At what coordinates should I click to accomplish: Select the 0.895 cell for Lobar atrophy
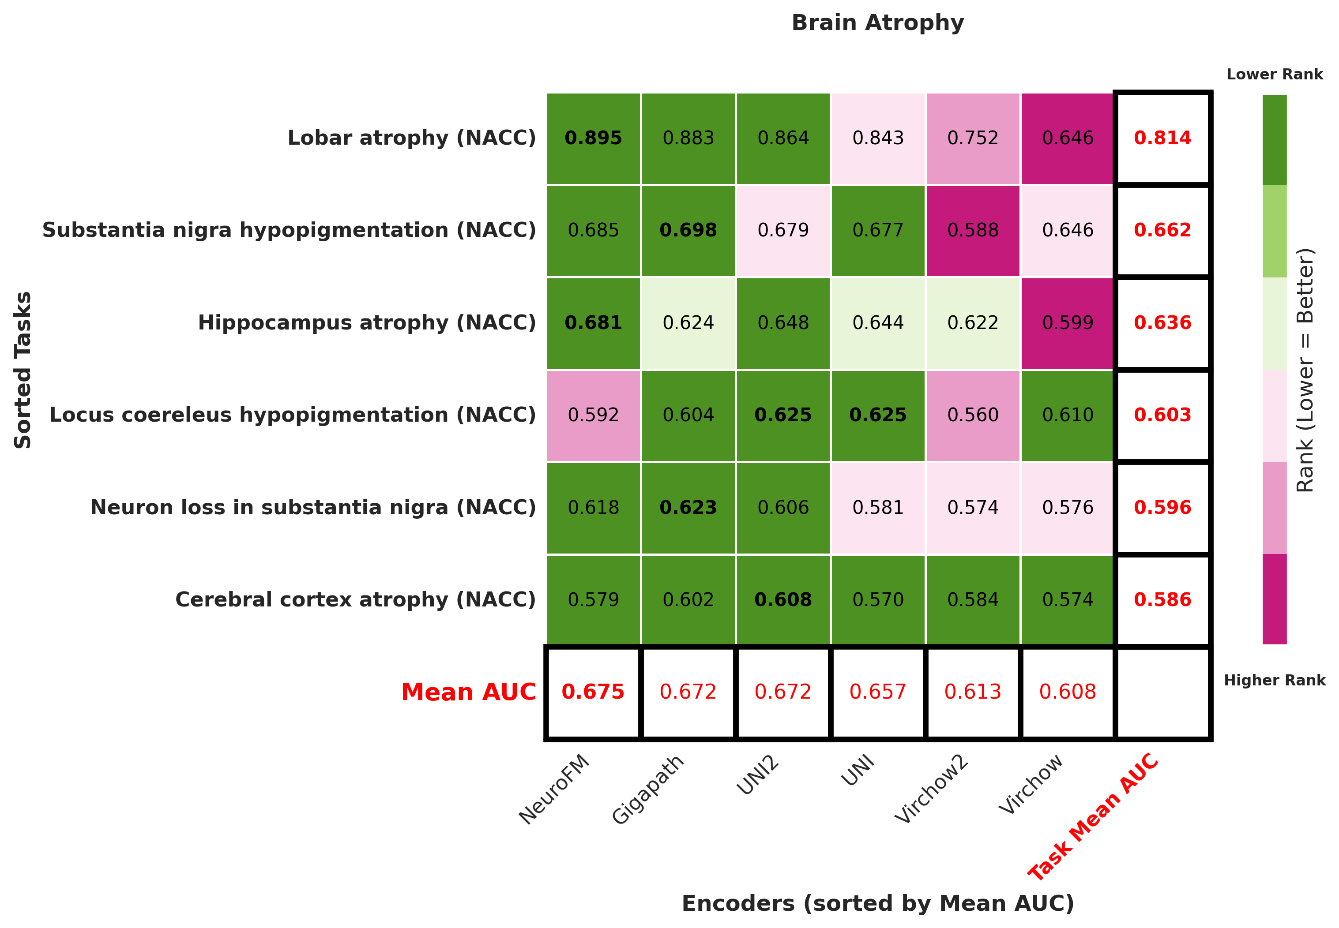click(593, 138)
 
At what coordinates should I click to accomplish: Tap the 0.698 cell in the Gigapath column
click(688, 230)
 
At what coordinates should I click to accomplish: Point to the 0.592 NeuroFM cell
click(593, 415)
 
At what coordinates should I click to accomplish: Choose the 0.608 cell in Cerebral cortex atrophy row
click(782, 599)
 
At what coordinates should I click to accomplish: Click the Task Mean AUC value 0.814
click(1162, 138)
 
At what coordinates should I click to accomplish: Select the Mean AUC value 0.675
click(593, 692)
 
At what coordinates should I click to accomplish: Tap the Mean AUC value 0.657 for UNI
click(877, 692)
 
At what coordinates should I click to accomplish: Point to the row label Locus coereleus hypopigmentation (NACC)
click(292, 415)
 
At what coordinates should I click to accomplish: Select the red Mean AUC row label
click(468, 692)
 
